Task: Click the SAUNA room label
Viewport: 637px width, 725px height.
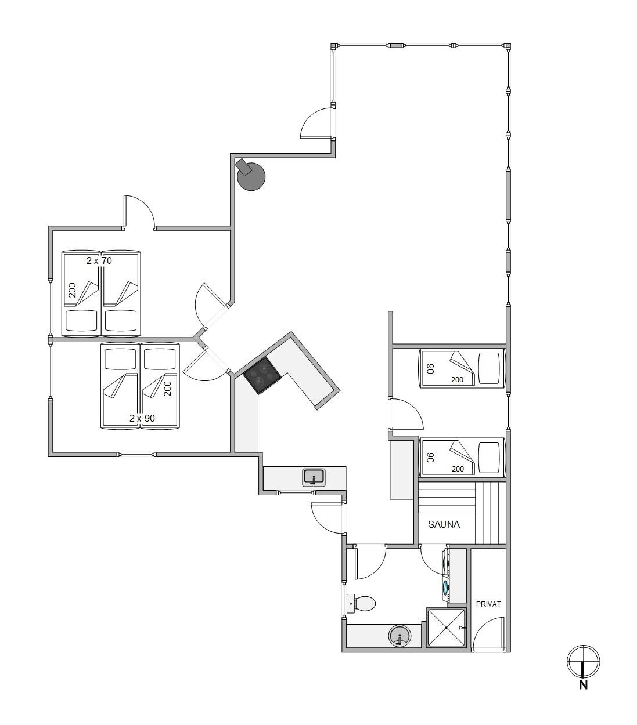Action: click(x=444, y=524)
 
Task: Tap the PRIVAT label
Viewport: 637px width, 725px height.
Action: click(x=488, y=604)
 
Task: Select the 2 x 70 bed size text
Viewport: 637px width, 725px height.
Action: click(x=99, y=260)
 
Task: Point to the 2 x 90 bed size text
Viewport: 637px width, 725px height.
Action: click(x=142, y=418)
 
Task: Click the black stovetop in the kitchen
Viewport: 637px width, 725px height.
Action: click(x=262, y=375)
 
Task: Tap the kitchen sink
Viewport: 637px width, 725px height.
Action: click(x=314, y=478)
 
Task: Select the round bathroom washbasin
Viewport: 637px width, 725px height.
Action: click(x=399, y=635)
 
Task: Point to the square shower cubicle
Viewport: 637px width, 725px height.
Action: click(x=446, y=628)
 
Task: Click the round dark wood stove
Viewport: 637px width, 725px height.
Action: click(x=251, y=176)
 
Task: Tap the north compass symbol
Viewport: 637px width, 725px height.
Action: click(x=583, y=662)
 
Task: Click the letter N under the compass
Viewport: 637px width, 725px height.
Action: click(x=583, y=685)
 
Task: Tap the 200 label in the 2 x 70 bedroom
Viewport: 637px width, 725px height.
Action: click(x=72, y=290)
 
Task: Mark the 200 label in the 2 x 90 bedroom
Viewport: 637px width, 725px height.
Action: click(x=167, y=389)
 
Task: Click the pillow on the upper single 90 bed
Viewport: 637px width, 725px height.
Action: click(x=489, y=368)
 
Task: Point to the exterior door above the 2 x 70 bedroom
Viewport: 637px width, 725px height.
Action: click(x=139, y=212)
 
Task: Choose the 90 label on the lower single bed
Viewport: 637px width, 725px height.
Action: click(x=431, y=457)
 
